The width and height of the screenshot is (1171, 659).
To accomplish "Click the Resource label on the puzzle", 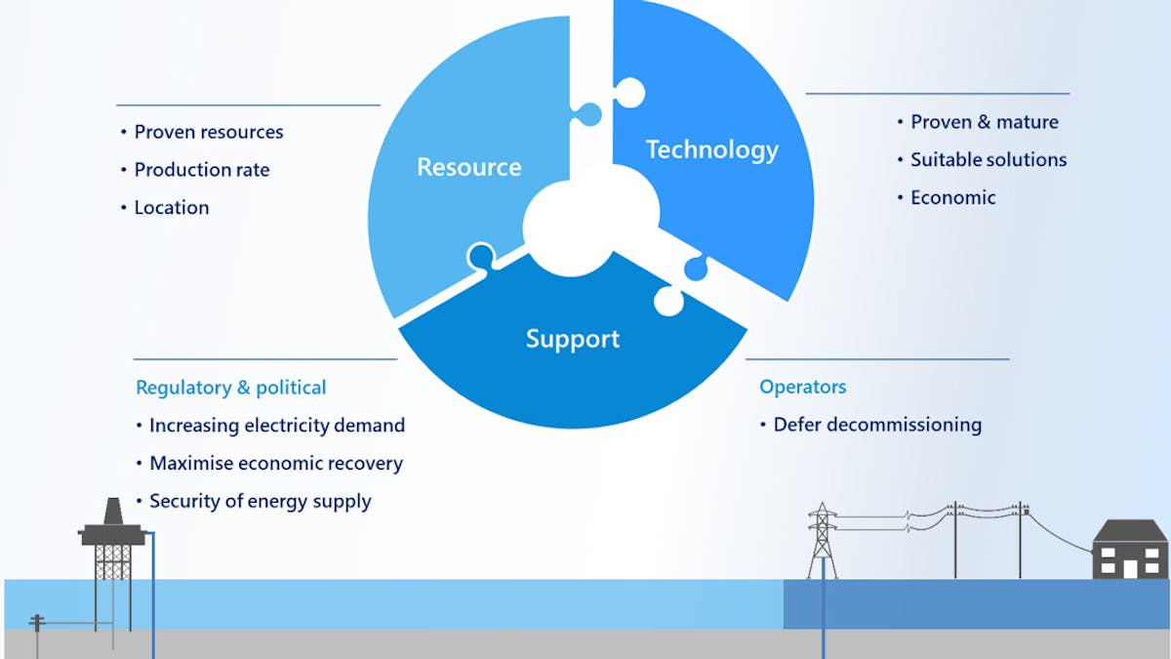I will tap(468, 167).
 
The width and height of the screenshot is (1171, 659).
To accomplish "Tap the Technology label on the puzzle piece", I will tap(711, 149).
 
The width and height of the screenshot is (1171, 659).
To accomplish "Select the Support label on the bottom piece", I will tap(573, 339).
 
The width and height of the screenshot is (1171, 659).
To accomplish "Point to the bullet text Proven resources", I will tap(208, 132).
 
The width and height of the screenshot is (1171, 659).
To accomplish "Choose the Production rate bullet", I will tap(201, 170).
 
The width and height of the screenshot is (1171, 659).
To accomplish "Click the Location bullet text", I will tap(171, 208).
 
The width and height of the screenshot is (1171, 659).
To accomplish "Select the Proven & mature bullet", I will tap(984, 122).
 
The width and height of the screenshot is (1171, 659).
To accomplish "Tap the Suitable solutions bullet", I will tap(988, 160).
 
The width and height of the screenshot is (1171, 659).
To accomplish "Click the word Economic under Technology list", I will tap(952, 197).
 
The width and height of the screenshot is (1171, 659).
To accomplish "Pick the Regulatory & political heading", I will tap(231, 388).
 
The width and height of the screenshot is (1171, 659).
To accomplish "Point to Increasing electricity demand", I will tap(276, 426).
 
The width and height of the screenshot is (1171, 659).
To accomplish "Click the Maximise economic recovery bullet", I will tap(275, 464).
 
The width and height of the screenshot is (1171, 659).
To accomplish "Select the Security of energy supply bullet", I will tap(260, 502).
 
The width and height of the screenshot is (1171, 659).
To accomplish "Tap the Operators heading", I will tap(802, 387).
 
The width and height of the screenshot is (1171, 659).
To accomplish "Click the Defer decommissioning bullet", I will tap(876, 425).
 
